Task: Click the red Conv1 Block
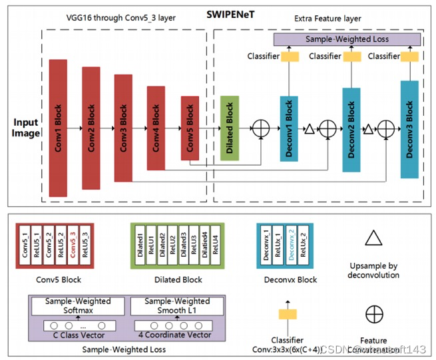(x=58, y=128)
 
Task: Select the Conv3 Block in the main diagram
(x=123, y=128)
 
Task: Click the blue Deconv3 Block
(x=409, y=128)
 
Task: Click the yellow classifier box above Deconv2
(x=350, y=57)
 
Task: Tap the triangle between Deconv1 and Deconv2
(x=309, y=128)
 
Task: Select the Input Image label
(x=25, y=128)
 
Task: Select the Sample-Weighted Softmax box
(x=78, y=306)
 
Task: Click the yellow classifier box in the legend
(x=288, y=314)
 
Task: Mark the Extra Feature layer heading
(x=328, y=19)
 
